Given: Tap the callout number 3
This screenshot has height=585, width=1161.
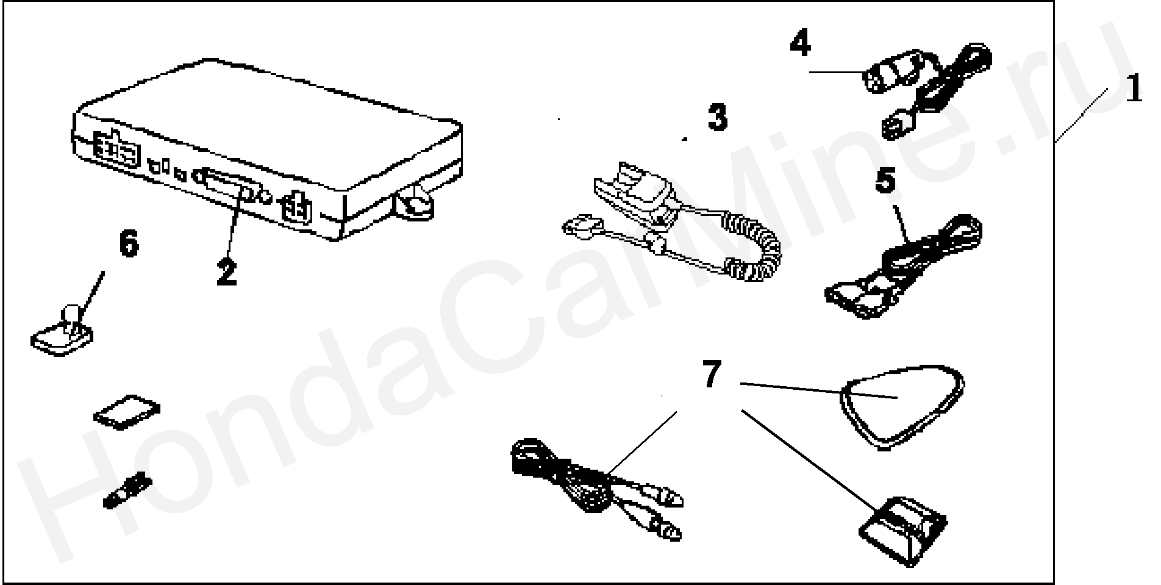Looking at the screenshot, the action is pyautogui.click(x=717, y=118).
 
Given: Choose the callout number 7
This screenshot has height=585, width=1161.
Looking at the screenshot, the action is pyautogui.click(x=712, y=374).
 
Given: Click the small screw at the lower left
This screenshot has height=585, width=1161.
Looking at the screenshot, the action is pyautogui.click(x=127, y=490).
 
